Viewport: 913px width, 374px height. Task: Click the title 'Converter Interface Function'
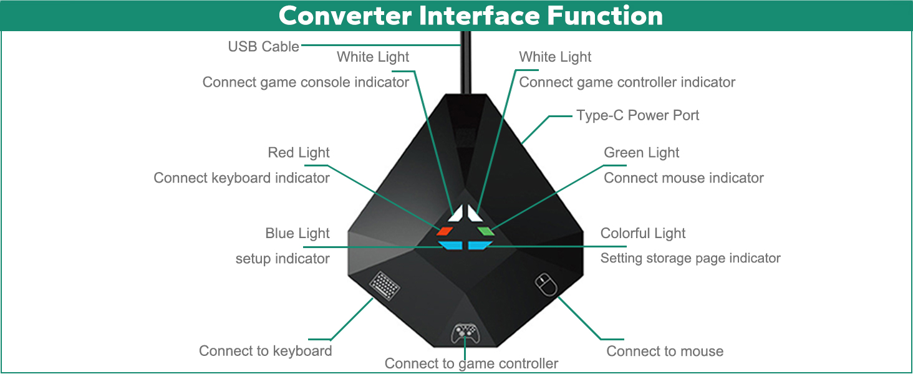click(x=471, y=16)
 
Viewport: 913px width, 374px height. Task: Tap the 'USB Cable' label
click(x=263, y=47)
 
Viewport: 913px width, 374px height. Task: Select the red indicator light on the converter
click(x=445, y=231)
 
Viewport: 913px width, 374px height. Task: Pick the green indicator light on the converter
click(x=486, y=231)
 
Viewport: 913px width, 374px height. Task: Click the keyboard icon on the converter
click(x=384, y=285)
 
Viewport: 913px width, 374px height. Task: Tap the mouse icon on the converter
click(x=546, y=285)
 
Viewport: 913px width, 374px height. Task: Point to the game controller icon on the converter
click(x=465, y=333)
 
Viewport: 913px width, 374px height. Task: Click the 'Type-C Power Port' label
click(x=637, y=115)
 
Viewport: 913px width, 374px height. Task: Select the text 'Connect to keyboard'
click(x=265, y=351)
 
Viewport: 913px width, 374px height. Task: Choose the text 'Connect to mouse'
click(x=665, y=351)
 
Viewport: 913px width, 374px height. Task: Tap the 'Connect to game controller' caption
click(x=471, y=363)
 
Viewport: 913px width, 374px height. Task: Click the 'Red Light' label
click(x=298, y=152)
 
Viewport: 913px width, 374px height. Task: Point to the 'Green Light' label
click(x=641, y=152)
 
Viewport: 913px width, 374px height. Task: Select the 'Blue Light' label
click(x=297, y=233)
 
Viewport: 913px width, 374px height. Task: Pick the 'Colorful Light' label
click(x=643, y=233)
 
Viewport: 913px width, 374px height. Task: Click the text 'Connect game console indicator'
click(x=306, y=82)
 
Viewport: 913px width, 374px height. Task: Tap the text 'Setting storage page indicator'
click(x=690, y=258)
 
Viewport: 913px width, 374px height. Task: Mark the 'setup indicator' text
click(x=283, y=258)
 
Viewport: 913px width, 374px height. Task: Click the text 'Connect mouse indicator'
click(x=684, y=178)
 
